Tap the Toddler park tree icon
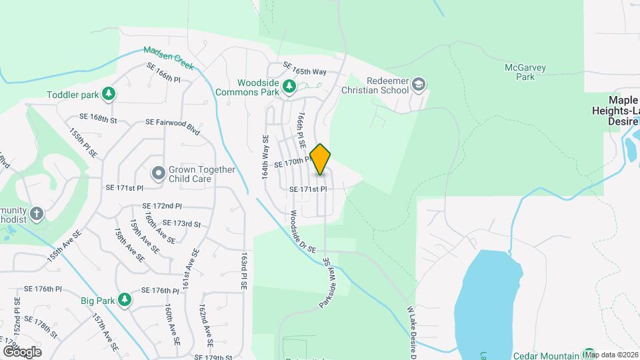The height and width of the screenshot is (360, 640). pos(107,95)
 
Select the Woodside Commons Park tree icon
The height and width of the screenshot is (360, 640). pos(289,86)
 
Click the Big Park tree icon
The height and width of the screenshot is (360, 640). pos(124,300)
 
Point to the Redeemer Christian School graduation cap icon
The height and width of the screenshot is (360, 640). pos(418,84)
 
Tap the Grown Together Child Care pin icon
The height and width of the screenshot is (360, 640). pos(158,174)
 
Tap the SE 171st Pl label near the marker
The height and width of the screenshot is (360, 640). pos(308,189)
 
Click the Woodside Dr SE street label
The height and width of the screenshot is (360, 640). pos(297,231)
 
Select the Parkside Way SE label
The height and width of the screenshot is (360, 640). pos(326,283)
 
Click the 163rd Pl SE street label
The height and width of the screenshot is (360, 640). pos(244,270)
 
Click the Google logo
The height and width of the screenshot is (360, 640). pos(22,351)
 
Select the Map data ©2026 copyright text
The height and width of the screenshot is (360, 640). pos(611,355)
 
